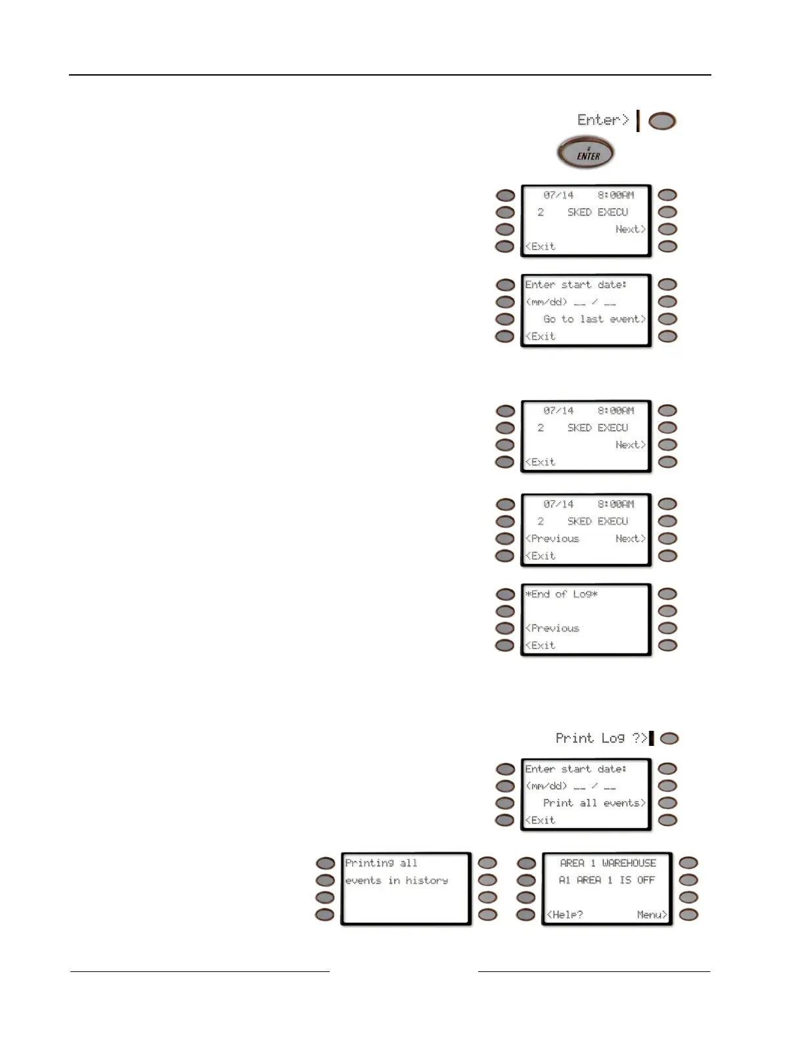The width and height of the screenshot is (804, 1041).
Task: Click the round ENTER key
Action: pos(585,154)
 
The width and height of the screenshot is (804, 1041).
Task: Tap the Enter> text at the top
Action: pos(603,120)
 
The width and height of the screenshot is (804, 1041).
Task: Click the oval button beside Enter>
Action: pos(662,122)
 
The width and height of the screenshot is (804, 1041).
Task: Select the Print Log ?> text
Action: pos(601,738)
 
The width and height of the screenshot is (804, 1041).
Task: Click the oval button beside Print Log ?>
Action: pos(669,739)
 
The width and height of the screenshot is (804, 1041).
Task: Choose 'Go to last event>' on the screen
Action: pos(594,319)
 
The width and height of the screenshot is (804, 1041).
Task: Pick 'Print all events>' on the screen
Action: pos(594,803)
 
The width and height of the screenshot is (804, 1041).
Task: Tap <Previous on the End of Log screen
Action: pos(552,628)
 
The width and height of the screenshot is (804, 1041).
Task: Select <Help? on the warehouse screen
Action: pos(565,915)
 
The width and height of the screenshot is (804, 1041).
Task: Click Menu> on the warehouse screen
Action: pos(652,915)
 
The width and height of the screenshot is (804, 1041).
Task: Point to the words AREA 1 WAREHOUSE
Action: pos(608,863)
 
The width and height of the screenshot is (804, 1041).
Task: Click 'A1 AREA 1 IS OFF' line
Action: pos(606,880)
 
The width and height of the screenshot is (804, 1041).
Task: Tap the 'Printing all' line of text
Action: pos(381,863)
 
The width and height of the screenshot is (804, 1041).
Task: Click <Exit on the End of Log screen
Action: pos(540,645)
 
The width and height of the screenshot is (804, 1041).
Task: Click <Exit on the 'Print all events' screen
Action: pos(540,820)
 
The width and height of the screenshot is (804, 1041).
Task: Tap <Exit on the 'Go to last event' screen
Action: pos(540,336)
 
